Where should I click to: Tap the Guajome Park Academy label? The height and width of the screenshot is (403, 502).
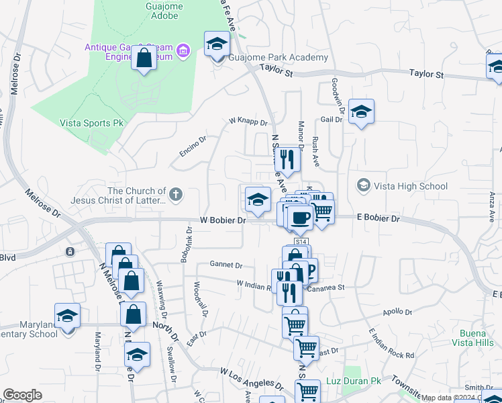pyautogui.click(x=279, y=58)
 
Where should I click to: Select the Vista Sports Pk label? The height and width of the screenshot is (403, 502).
pyautogui.click(x=92, y=124)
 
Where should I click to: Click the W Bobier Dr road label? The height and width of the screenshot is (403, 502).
pyautogui.click(x=223, y=220)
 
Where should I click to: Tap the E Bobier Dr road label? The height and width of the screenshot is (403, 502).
pyautogui.click(x=378, y=218)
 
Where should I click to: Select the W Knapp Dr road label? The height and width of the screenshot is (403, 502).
pyautogui.click(x=248, y=122)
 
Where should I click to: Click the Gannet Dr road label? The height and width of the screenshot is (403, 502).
pyautogui.click(x=225, y=264)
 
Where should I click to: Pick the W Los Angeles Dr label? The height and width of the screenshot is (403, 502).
pyautogui.click(x=250, y=371)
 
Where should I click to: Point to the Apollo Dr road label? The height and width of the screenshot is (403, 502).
pyautogui.click(x=397, y=312)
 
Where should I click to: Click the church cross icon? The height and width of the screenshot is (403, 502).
pyautogui.click(x=176, y=195)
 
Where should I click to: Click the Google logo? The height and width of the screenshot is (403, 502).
pyautogui.click(x=22, y=395)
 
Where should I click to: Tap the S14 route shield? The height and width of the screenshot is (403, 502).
pyautogui.click(x=301, y=242)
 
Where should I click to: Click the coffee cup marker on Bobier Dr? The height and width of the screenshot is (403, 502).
pyautogui.click(x=300, y=217)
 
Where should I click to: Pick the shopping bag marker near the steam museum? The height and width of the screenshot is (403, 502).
pyautogui.click(x=144, y=58)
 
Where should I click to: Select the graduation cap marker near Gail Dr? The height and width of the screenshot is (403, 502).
pyautogui.click(x=361, y=112)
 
